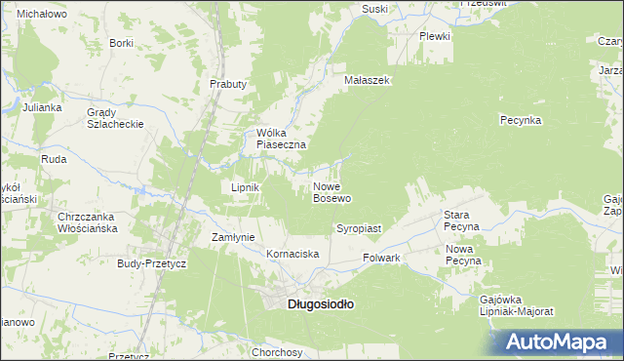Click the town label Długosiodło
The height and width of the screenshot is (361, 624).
coord(321,303)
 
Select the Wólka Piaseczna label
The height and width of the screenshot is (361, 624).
coord(281,139)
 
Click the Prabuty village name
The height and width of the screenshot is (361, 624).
coord(228,84)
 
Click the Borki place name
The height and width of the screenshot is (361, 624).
coord(121,43)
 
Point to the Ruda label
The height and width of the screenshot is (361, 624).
coord(53,158)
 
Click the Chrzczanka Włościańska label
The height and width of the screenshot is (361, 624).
coord(88,221)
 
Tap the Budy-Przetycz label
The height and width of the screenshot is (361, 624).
coord(151,263)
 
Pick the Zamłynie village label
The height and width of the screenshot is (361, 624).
coord(233,237)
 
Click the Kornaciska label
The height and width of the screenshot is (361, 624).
coord(293,254)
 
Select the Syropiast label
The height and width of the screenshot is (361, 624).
coord(359,228)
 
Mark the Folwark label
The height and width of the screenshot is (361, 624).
coord(382,259)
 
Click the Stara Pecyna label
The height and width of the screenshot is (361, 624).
coord(461,220)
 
